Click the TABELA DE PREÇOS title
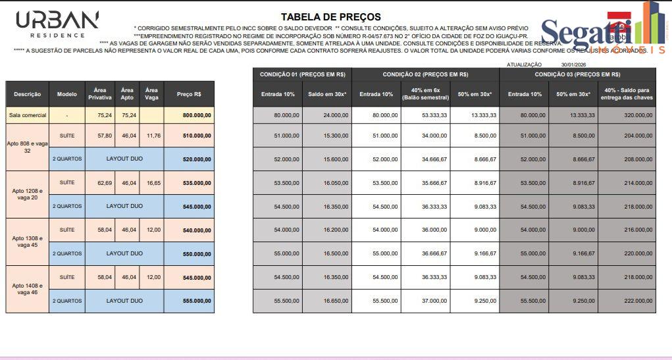[330, 16]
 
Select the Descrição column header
[27, 95]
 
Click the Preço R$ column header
[189, 95]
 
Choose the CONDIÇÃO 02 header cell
[425, 75]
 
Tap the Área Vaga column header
[151, 95]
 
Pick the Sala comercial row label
[27, 115]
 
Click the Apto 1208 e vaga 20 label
[27, 195]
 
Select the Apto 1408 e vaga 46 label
[27, 290]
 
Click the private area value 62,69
[104, 183]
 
